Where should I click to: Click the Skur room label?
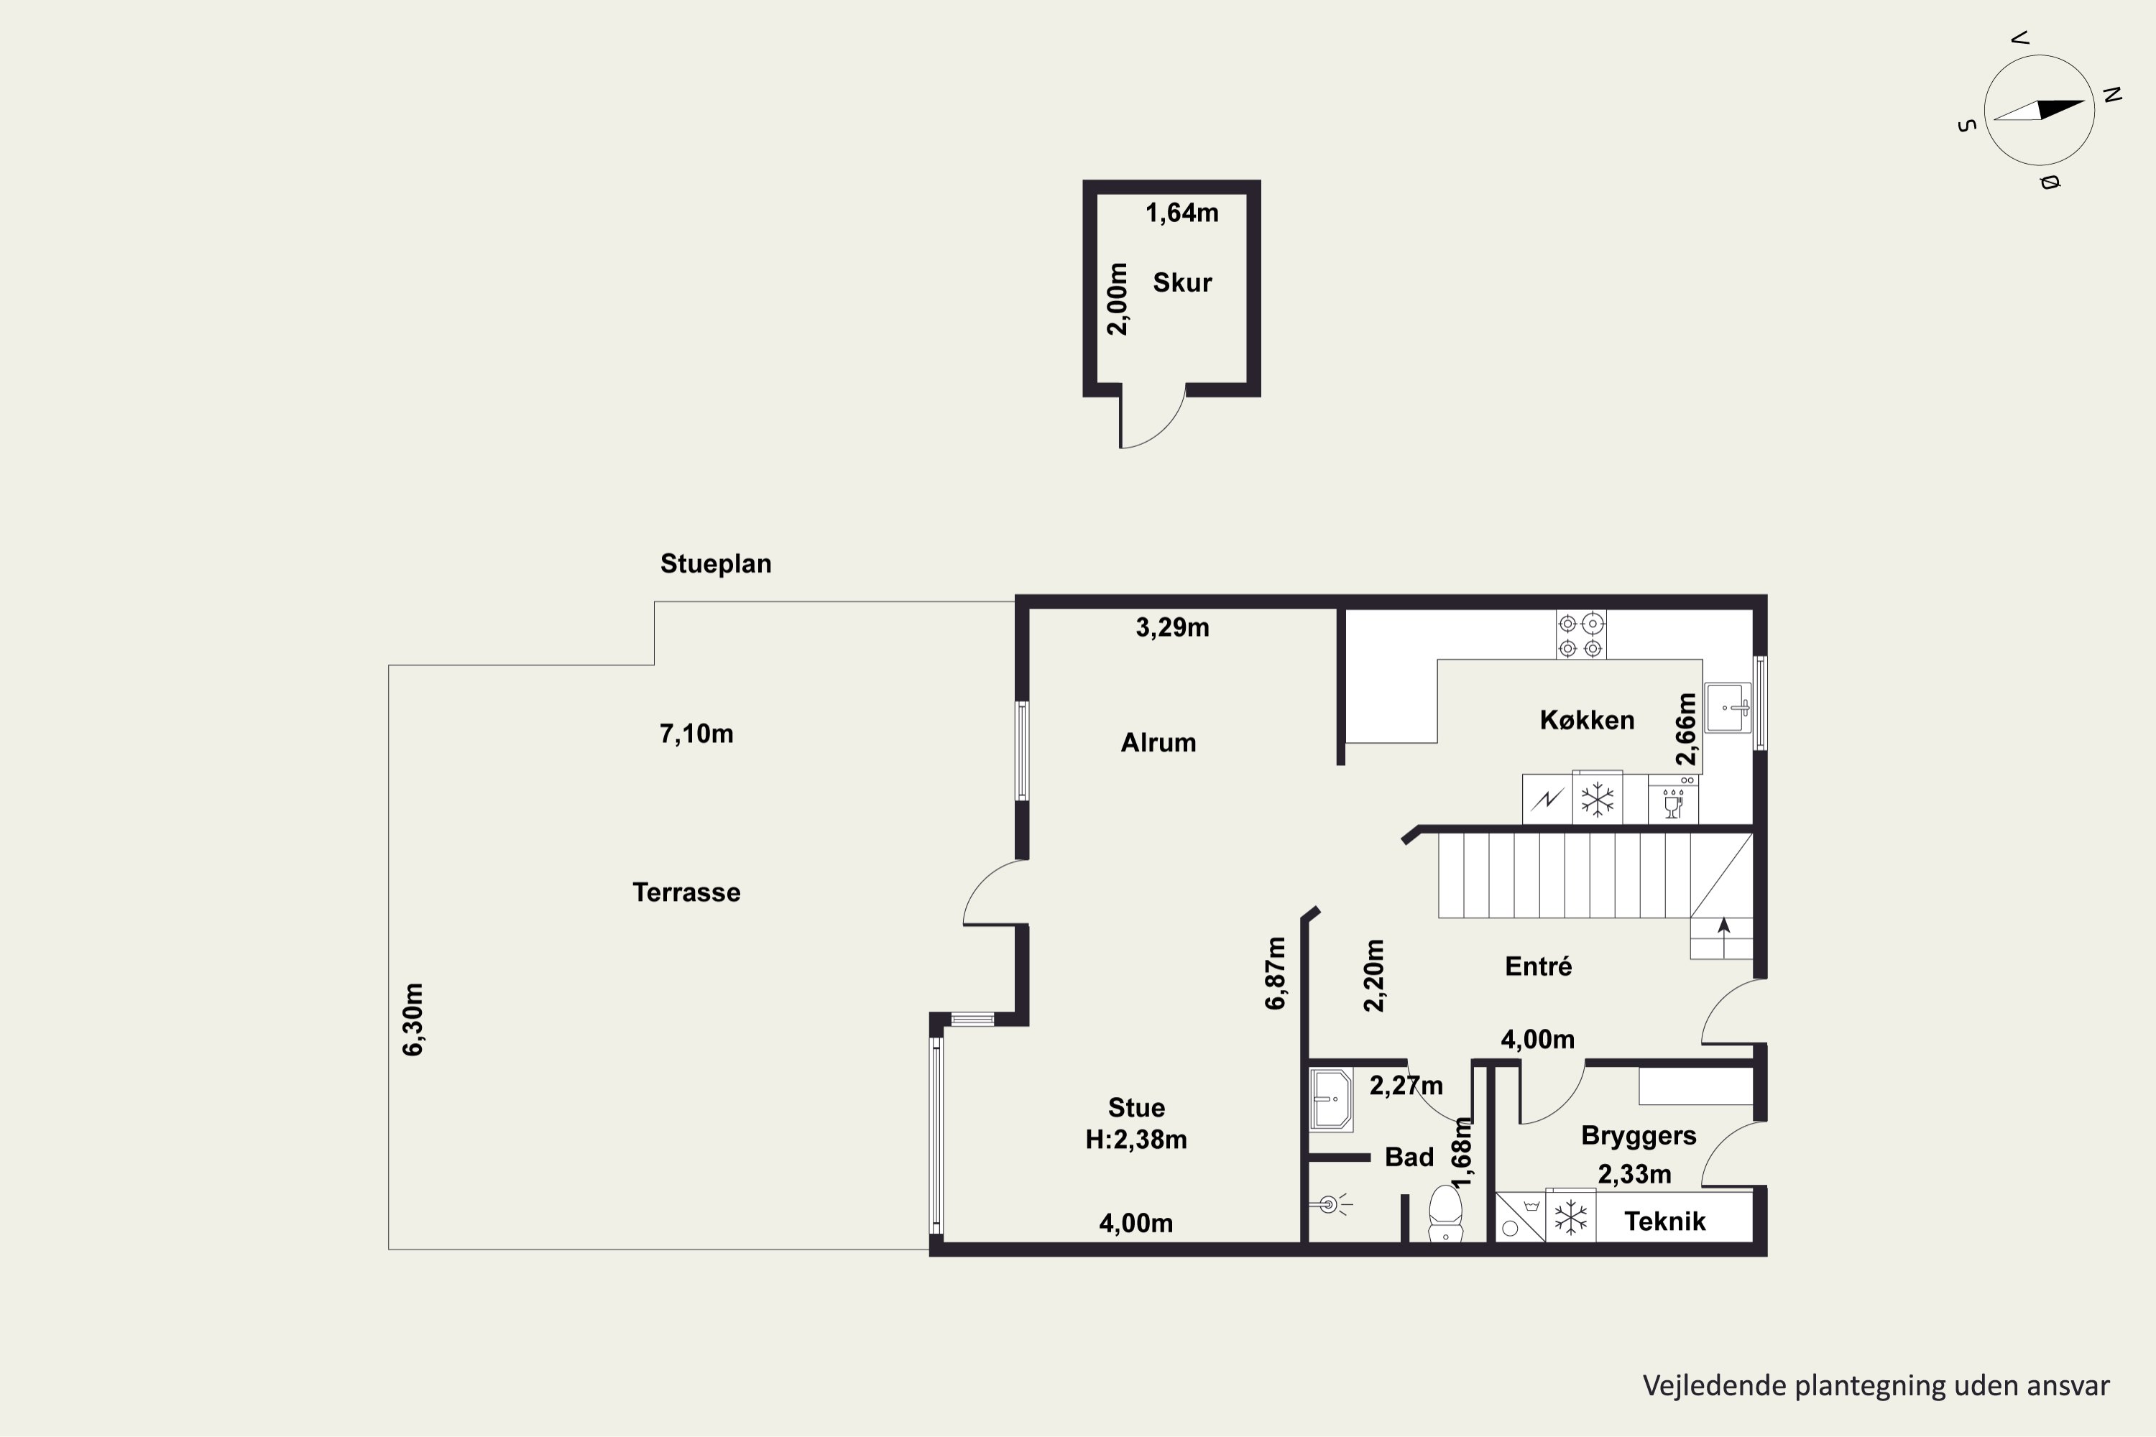pyautogui.click(x=1181, y=282)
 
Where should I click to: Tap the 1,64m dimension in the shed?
pyautogui.click(x=1181, y=213)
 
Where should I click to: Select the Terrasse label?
pyautogui.click(x=686, y=892)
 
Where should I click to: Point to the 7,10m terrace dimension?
pyautogui.click(x=696, y=734)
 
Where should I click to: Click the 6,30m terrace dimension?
pyautogui.click(x=413, y=1019)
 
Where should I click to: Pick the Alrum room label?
pyautogui.click(x=1158, y=742)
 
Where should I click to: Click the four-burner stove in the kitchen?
pyautogui.click(x=1580, y=635)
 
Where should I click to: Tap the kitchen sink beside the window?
pyautogui.click(x=1728, y=708)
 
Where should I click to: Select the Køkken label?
pyautogui.click(x=1587, y=721)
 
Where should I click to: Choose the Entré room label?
pyautogui.click(x=1538, y=966)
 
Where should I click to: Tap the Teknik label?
pyautogui.click(x=1664, y=1221)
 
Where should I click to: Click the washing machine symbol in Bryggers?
pyautogui.click(x=1520, y=1217)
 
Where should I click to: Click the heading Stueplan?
pyautogui.click(x=716, y=563)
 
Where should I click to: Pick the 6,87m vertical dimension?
pyautogui.click(x=1275, y=974)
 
